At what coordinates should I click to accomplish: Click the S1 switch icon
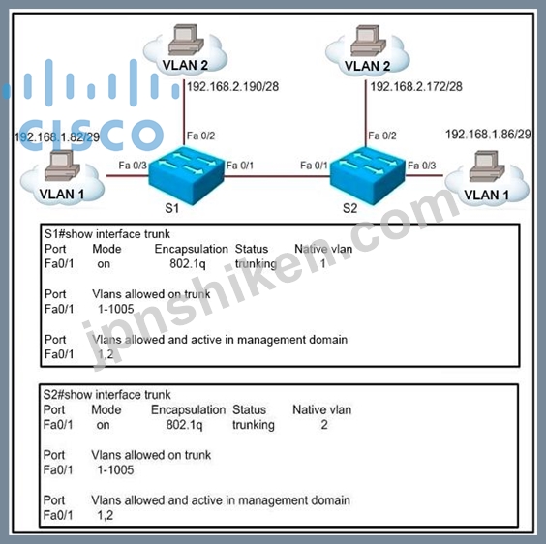click(x=187, y=175)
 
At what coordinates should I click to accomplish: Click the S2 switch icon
click(x=368, y=175)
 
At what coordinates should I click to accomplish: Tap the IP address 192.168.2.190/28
click(x=233, y=86)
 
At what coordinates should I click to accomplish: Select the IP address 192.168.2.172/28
click(x=416, y=86)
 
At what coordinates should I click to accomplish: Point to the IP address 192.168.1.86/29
click(x=488, y=135)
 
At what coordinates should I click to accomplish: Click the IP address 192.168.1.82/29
click(x=57, y=136)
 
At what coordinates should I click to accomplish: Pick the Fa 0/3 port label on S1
click(x=133, y=166)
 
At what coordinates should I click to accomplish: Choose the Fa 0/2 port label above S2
click(x=382, y=136)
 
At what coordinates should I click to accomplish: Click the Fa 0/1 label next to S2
click(x=314, y=166)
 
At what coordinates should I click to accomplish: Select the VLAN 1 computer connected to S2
click(x=487, y=166)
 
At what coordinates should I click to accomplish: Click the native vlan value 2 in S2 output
click(x=324, y=425)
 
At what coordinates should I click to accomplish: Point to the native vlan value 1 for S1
click(x=322, y=263)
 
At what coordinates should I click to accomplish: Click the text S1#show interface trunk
click(x=107, y=234)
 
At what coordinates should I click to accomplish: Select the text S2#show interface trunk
click(x=106, y=395)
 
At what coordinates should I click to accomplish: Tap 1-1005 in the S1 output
click(x=116, y=309)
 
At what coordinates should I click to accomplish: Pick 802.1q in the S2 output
click(x=184, y=425)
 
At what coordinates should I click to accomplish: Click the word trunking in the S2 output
click(x=254, y=425)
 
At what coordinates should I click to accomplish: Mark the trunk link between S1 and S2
click(x=277, y=176)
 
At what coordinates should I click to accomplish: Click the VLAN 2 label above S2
click(x=367, y=66)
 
